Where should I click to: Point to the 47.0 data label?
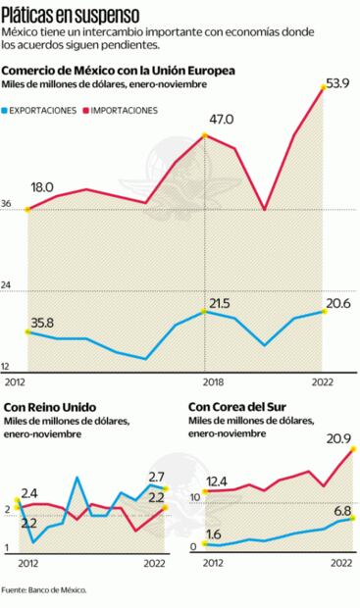(222, 120)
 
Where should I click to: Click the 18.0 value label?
(42, 185)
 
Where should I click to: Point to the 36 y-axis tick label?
(8, 204)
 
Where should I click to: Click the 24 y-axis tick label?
(8, 285)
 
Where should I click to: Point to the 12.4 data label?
(217, 481)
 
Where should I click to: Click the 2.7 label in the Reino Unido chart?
(156, 477)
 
